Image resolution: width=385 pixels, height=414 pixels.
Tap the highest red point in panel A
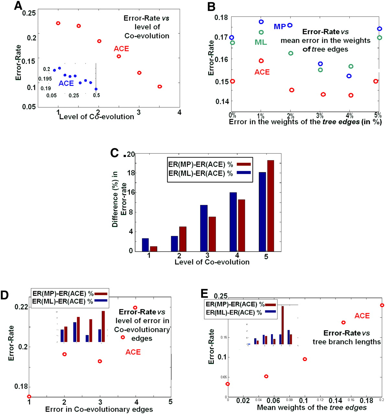[x=58, y=23]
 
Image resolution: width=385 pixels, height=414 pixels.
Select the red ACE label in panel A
[x=121, y=49]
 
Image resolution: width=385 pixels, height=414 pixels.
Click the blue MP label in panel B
[x=280, y=27]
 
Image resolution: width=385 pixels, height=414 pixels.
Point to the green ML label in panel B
[x=261, y=42]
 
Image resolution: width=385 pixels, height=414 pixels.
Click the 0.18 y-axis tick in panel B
[x=221, y=17]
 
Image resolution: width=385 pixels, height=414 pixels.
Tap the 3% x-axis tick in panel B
[x=320, y=115]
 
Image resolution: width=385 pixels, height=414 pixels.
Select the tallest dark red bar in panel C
[x=270, y=205]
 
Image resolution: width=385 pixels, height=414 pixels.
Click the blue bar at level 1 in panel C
[x=145, y=245]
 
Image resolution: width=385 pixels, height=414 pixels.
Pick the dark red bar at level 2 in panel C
[x=183, y=239]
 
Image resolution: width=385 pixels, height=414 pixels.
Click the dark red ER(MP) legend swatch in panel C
[x=243, y=164]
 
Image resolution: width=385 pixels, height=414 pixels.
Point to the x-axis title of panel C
[x=212, y=262]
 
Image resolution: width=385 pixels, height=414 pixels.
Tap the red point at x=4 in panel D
[x=135, y=308]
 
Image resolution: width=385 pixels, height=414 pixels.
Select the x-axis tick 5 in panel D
[x=170, y=402]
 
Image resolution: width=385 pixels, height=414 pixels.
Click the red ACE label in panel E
[x=362, y=316]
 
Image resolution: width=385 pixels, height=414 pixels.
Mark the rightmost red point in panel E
[x=382, y=305]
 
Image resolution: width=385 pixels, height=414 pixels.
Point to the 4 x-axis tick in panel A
[x=179, y=112]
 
